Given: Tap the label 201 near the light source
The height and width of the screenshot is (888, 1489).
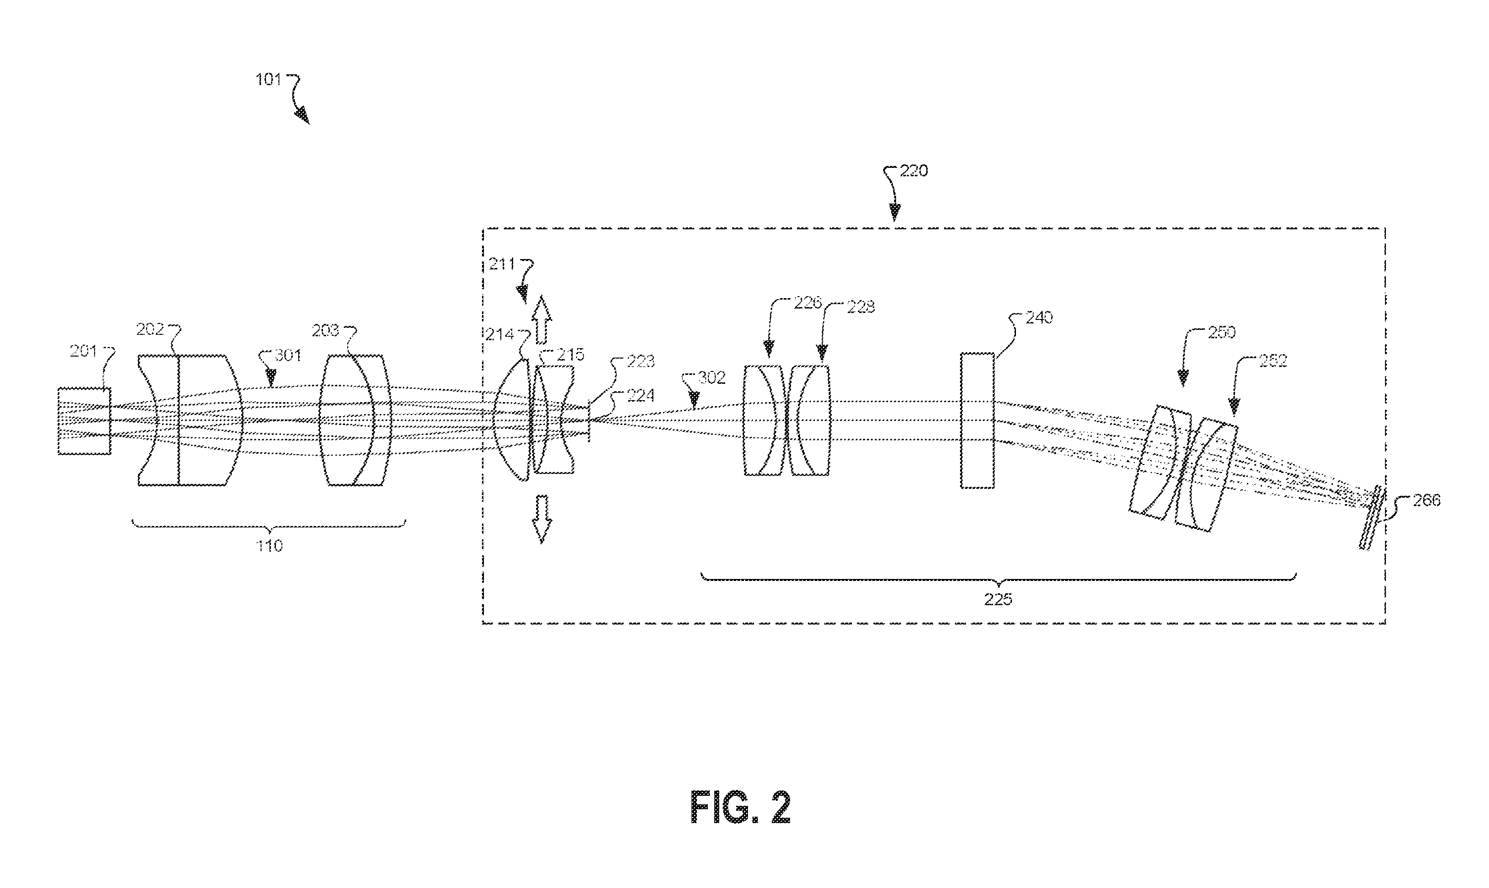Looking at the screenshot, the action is coord(83,351).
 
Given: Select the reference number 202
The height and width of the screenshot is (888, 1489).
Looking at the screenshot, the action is coord(150,330).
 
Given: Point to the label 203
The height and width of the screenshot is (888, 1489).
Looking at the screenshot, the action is coord(325,330).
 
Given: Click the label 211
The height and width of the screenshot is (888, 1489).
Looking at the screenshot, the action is coord(501,264).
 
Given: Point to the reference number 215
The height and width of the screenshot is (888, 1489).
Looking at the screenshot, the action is coord(570,355).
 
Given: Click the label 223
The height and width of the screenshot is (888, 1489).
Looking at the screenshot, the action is coord(640,362).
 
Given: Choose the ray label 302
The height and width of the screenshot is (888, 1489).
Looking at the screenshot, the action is coord(712,377).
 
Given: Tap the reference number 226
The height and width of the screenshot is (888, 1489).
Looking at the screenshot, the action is coord(807,303).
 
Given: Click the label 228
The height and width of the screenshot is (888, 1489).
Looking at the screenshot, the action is coord(860,307).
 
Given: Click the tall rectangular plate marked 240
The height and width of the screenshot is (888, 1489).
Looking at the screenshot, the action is coord(977,420).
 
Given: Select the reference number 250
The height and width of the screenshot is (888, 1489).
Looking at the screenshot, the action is coord(1222,333).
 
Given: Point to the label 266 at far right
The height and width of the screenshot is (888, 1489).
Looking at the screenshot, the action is coord(1426,500).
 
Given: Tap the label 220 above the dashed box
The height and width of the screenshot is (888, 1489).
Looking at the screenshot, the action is coord(914,171).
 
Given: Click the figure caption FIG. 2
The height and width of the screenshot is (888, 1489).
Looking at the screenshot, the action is coord(741,807).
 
